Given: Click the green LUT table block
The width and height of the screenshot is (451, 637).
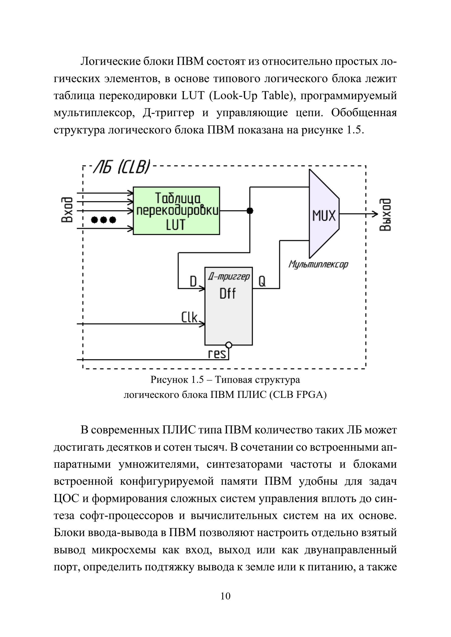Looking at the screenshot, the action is tap(176, 211).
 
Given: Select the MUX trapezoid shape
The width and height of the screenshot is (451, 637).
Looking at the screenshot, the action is tap(324, 214).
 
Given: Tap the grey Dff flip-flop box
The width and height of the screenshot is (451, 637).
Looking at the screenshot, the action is tap(229, 306).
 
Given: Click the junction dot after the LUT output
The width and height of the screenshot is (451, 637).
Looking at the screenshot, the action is tap(250, 211).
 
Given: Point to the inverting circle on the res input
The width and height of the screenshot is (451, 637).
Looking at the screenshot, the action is tap(229, 345).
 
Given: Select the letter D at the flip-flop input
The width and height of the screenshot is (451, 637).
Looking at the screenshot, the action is tap(193, 281).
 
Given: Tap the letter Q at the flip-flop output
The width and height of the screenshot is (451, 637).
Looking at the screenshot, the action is tap(262, 282).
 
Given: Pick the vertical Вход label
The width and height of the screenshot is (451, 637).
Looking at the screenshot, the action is tap(67, 210).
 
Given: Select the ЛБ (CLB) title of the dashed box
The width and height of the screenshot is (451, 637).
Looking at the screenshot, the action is tap(122, 167).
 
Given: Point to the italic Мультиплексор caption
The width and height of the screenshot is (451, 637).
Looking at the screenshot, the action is tap(318, 264).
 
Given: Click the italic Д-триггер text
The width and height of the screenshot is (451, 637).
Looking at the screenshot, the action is tap(229, 277).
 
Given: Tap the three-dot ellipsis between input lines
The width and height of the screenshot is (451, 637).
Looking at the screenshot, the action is tap(104, 220).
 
